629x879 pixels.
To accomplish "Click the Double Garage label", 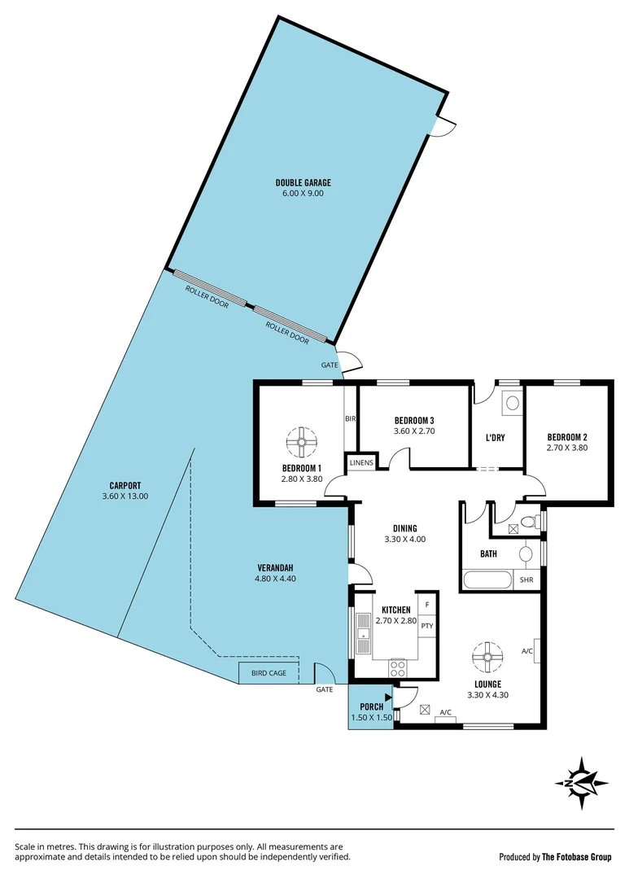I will point(303,183).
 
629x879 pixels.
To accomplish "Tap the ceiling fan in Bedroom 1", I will point(301,442).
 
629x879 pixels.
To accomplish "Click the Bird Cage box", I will point(269,673).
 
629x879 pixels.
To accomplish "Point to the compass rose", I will point(583,783).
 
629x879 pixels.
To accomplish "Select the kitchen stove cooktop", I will point(399,668).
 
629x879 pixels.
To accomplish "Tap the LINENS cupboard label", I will point(361,463).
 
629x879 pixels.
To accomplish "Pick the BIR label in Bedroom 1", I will point(350,418).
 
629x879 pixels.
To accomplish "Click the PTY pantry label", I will point(426,626).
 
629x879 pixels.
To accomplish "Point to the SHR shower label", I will point(526,579).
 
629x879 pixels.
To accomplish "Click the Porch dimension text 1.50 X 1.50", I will point(371,718).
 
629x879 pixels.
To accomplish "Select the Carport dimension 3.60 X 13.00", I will point(125,496).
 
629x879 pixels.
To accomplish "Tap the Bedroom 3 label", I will point(415,420).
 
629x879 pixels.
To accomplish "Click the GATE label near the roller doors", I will point(329,365).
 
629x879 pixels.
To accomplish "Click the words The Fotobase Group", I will point(577,857).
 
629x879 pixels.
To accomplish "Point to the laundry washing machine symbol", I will point(512,401).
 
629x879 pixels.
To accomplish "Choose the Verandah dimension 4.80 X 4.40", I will point(273,579).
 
